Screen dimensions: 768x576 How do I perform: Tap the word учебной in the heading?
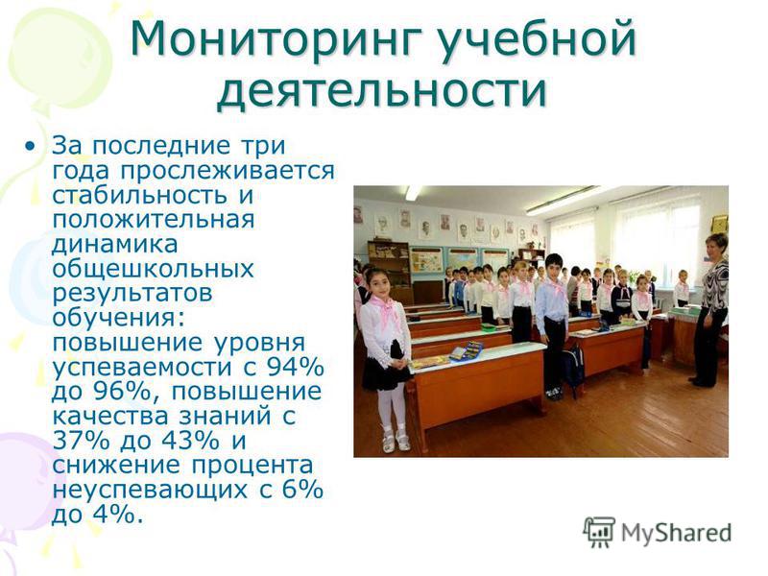click(x=536, y=40)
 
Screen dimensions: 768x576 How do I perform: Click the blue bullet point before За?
click(x=31, y=146)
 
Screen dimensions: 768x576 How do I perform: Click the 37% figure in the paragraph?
click(x=81, y=441)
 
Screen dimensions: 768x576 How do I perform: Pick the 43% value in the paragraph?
click(x=190, y=441)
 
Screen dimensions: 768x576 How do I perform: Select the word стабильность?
click(x=139, y=195)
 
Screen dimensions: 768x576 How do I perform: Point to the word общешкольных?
click(x=153, y=269)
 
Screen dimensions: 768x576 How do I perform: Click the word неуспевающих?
click(x=150, y=491)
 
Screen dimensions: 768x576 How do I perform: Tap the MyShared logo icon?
click(x=598, y=532)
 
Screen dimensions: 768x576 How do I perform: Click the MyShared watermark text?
click(x=676, y=533)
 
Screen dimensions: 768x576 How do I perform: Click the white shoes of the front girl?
click(x=396, y=441)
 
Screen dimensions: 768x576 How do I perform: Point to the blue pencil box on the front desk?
click(x=467, y=351)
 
